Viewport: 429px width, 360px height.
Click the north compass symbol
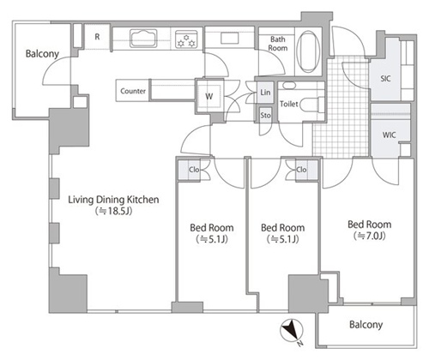pos(291,331)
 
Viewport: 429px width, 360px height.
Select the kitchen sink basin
pos(143,38)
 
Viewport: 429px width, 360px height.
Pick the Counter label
pos(133,91)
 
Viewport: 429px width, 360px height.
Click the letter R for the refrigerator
pos(97,37)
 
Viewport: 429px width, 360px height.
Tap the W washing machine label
pos(208,96)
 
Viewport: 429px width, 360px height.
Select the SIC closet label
pos(385,78)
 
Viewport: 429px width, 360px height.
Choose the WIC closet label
pos(389,135)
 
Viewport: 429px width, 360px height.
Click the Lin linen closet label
pos(265,93)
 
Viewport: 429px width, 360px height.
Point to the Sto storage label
pos(265,115)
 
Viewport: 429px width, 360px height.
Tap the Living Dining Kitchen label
pos(113,200)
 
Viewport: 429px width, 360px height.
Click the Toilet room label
pos(289,104)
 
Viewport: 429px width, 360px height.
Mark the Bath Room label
pos(278,44)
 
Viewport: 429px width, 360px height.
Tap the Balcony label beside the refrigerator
pos(42,53)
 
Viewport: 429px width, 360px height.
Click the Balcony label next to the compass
pos(366,325)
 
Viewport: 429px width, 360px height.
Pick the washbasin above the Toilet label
pos(289,85)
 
